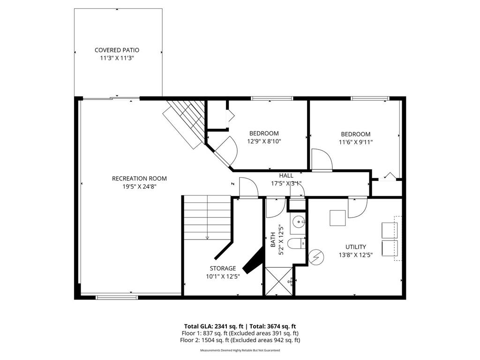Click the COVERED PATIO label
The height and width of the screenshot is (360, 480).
tap(117, 50)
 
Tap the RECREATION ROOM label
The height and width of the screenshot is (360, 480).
tap(139, 179)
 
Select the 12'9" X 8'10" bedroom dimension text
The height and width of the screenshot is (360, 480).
tap(264, 141)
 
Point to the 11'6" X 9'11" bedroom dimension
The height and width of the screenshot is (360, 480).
tap(355, 142)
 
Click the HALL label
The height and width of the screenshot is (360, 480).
tap(286, 176)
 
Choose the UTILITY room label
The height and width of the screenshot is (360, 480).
tap(356, 247)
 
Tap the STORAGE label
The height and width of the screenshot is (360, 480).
tap(223, 269)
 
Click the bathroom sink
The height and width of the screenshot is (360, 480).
tap(299, 221)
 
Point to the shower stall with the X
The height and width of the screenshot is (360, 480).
tap(279, 281)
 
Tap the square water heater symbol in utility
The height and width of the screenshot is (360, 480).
tap(337, 218)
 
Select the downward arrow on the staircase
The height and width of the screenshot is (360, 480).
tap(207, 237)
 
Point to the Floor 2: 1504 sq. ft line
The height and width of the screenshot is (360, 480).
tap(240, 340)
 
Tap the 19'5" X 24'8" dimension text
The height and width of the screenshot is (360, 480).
tap(139, 187)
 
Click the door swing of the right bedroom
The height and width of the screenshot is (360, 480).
tap(322, 159)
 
